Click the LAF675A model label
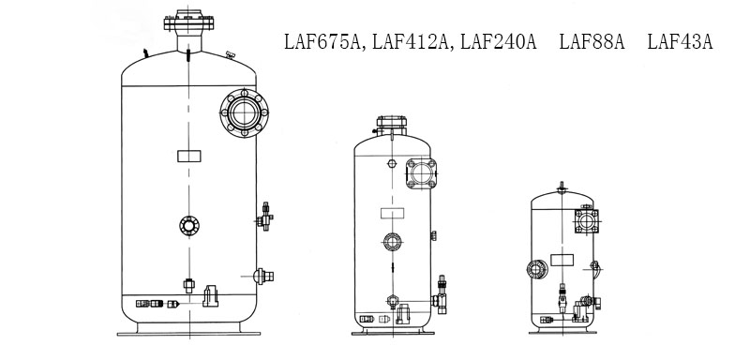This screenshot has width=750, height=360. point(322,42)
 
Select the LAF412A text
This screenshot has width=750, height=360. point(410,42)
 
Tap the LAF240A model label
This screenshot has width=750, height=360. point(499,42)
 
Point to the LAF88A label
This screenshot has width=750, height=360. point(592,42)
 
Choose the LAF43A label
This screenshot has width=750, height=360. point(681,42)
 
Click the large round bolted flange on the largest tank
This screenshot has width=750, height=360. point(244,112)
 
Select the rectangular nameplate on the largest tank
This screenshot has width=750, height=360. point(189,156)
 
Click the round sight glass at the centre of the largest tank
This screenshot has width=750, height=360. point(189,225)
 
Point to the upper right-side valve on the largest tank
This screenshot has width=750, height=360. point(265,217)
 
